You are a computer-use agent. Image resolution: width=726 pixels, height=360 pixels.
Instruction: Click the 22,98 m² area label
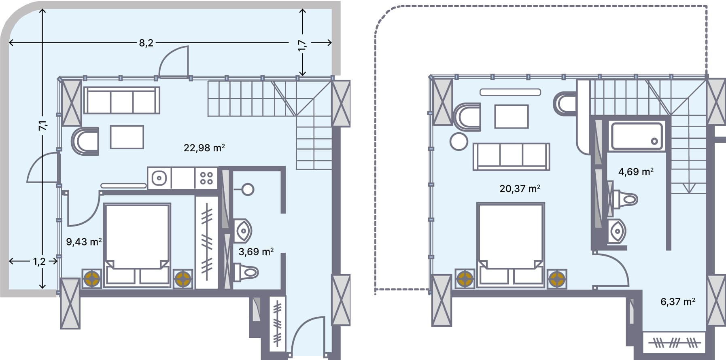204,148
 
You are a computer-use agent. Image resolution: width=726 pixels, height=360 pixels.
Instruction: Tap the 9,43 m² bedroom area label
84,242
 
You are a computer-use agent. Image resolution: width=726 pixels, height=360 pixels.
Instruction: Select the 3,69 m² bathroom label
256,252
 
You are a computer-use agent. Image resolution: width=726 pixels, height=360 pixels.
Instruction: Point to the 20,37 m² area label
520,188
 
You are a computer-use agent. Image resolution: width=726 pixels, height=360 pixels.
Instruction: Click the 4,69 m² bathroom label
636,172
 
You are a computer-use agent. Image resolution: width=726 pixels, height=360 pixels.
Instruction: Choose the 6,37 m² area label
677,302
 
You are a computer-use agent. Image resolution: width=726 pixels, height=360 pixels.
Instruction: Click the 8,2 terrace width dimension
146,43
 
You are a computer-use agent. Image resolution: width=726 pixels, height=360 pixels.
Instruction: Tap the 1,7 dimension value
302,45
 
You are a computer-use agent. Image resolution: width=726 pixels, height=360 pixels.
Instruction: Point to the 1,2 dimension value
39,262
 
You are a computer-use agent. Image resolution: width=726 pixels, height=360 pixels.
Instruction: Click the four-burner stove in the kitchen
206,178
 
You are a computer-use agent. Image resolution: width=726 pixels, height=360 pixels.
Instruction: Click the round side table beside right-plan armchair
459,142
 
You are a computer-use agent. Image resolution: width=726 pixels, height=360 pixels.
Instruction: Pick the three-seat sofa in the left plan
121,101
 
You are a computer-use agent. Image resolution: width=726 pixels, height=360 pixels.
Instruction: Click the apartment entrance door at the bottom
308,338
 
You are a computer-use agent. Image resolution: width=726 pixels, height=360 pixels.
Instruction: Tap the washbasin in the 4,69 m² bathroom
617,232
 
